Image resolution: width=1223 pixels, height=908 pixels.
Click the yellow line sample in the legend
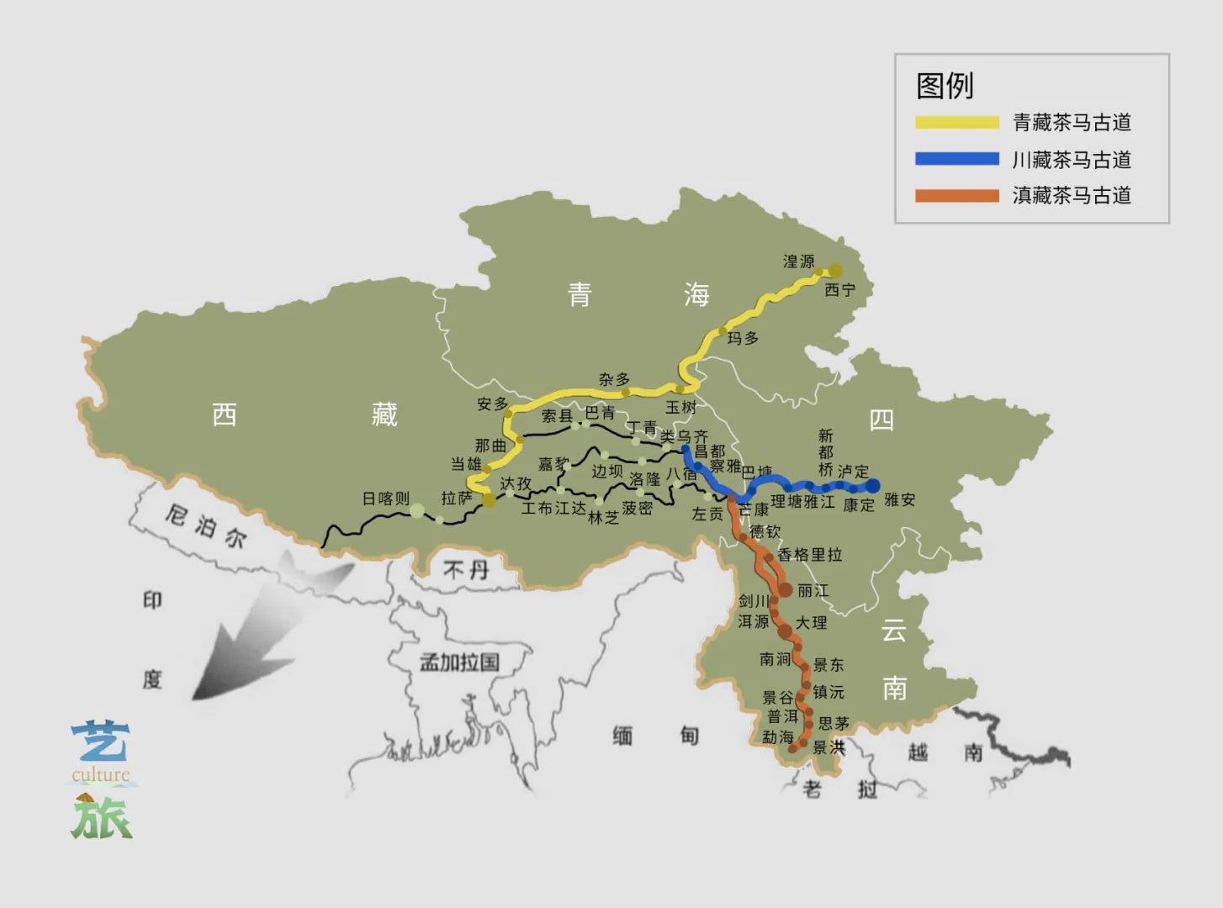click(x=957, y=123)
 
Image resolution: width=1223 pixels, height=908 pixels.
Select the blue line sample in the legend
click(x=957, y=159)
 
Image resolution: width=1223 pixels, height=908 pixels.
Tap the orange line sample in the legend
click(x=957, y=196)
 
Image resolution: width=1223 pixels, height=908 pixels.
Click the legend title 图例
click(x=945, y=85)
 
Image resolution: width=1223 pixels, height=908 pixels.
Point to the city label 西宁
click(x=839, y=290)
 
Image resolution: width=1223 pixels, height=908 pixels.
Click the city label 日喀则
click(x=385, y=499)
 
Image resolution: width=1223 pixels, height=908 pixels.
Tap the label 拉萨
click(x=457, y=499)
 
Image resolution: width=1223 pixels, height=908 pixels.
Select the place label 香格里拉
click(x=809, y=555)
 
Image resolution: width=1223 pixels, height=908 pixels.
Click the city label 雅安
click(x=899, y=499)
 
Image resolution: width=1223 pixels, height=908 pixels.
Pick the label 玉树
click(x=681, y=407)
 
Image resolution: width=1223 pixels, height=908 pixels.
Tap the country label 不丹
click(x=466, y=570)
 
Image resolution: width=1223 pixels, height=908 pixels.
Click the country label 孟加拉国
click(x=459, y=662)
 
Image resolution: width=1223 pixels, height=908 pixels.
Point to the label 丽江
click(x=813, y=591)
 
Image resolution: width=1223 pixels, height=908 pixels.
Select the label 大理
click(x=812, y=623)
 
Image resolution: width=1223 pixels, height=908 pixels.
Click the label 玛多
click(x=743, y=338)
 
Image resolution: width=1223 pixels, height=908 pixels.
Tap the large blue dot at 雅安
click(x=873, y=485)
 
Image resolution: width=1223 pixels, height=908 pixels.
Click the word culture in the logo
click(x=101, y=775)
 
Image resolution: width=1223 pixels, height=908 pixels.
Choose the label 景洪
click(x=829, y=747)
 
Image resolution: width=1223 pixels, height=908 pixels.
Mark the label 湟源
click(x=798, y=261)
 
